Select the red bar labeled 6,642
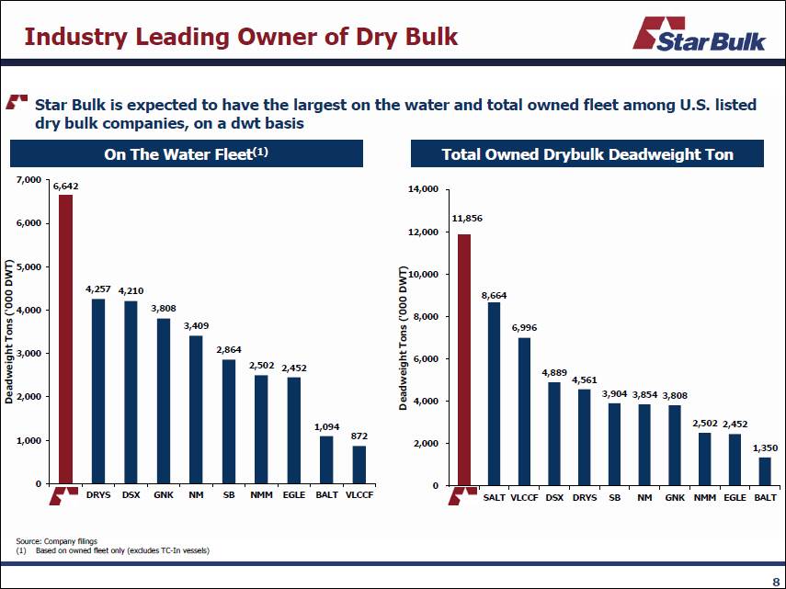coord(65,339)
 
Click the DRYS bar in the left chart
coord(98,391)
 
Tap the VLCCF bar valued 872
coord(359,464)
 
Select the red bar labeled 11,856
coord(464,359)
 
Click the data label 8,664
coord(495,296)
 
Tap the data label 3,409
coord(196,326)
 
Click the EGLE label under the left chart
coord(293,494)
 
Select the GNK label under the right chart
coord(675,497)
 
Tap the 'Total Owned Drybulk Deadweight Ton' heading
coord(587,154)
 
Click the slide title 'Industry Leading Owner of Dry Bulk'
coord(240,37)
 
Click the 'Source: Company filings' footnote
coord(56,541)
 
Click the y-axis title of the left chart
coord(9,332)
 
